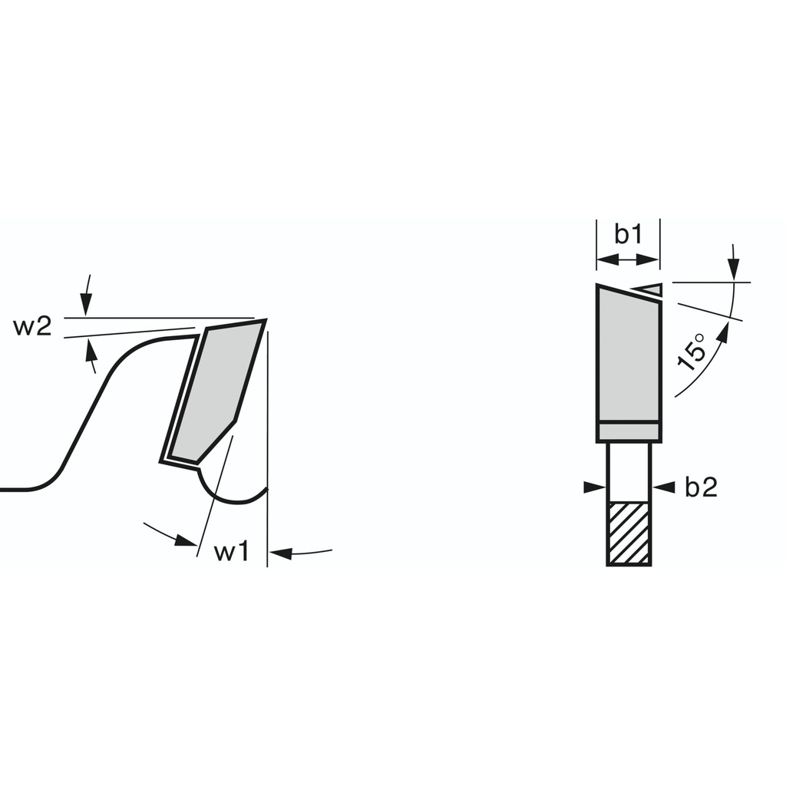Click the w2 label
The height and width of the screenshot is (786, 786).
pyautogui.click(x=32, y=327)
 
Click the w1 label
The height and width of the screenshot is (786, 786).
pyautogui.click(x=231, y=552)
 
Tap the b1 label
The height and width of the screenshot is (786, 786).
pyautogui.click(x=629, y=234)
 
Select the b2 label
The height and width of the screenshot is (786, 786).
pyautogui.click(x=702, y=487)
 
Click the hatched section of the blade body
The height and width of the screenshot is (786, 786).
pyautogui.click(x=629, y=533)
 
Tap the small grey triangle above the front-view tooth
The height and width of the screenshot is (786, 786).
pyautogui.click(x=649, y=289)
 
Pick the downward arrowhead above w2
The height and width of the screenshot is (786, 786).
pyautogui.click(x=86, y=305)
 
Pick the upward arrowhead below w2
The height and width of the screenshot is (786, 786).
pyautogui.click(x=91, y=350)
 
